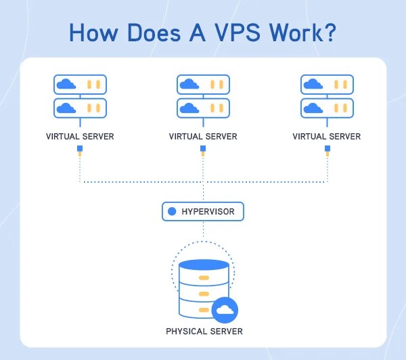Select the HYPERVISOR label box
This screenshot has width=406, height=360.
pos(202,212)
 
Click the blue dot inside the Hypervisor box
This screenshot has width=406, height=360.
pos(172,212)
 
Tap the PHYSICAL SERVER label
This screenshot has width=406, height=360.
pos(204,332)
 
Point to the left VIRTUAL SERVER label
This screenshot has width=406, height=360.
pos(80,137)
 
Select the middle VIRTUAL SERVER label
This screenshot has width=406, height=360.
pos(203,137)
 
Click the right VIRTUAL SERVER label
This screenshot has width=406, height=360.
pos(327,137)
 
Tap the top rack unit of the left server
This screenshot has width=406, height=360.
pos(80,85)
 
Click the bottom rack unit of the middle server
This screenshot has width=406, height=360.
pos(203,108)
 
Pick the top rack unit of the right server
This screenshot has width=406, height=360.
pos(327,85)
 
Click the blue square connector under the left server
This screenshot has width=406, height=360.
pos(80,148)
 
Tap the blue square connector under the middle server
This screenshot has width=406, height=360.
pos(203,148)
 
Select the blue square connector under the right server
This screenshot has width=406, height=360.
pos(327,148)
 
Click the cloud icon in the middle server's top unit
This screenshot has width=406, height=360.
pos(189,85)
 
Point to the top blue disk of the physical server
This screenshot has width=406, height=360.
pos(203,265)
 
